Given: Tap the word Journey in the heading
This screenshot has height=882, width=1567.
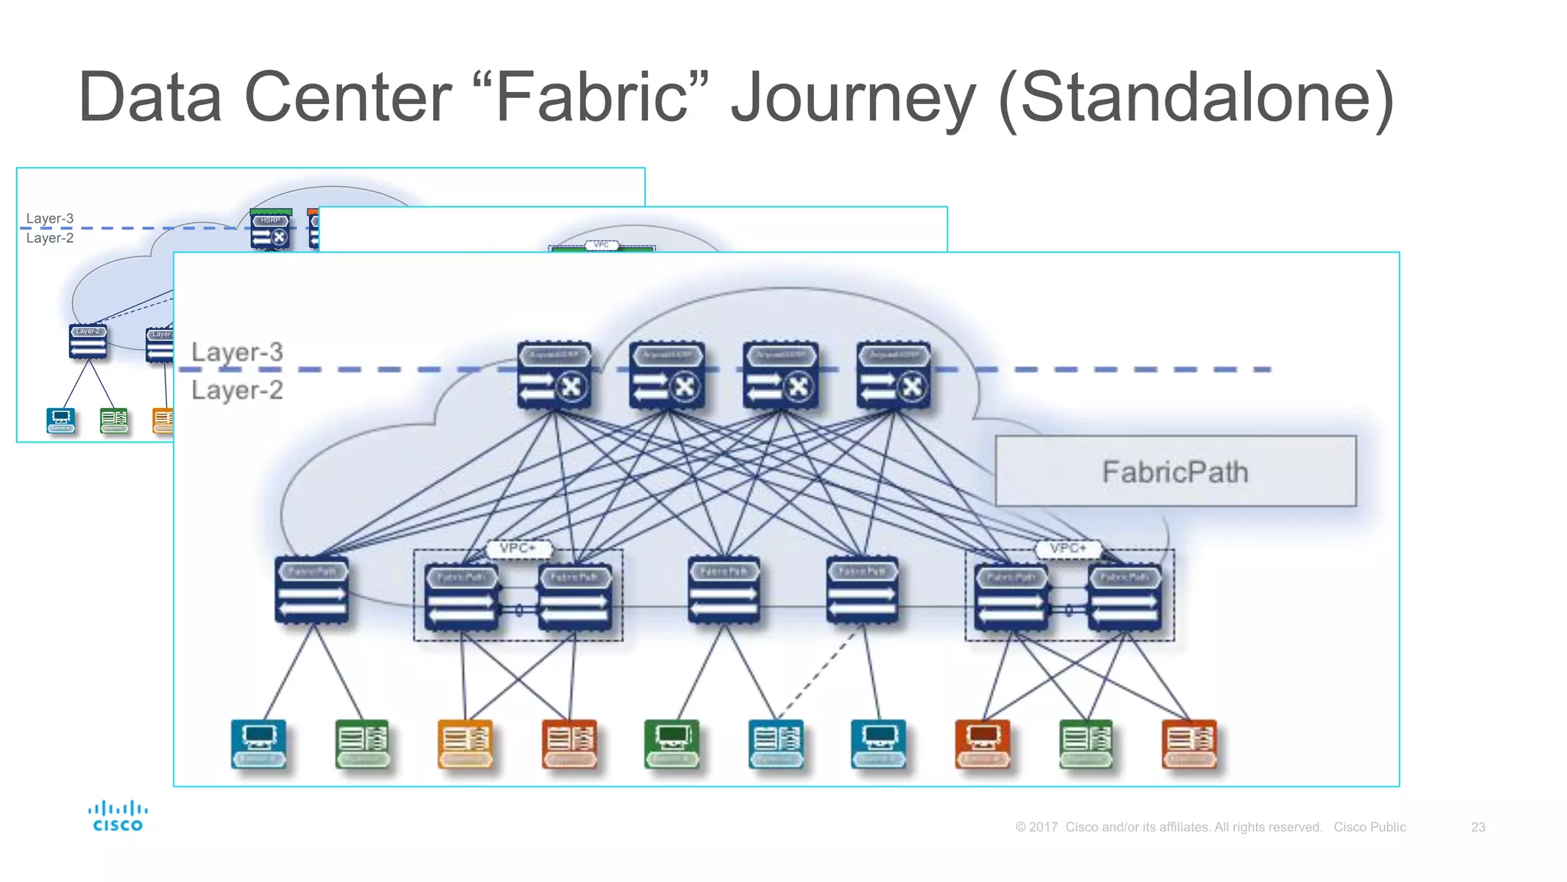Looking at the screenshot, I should pos(852,97).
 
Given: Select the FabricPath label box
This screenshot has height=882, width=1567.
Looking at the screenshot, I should pos(1175,471).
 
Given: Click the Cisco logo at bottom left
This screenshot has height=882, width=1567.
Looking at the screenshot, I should pos(117,816).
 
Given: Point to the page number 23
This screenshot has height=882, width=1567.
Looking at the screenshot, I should pos(1477,827).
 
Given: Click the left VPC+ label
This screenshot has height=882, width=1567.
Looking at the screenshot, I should pos(518,548).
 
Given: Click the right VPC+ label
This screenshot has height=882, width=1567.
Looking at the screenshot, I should pos(1068,548).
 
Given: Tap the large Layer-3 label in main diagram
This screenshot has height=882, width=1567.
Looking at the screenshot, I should pos(237,351).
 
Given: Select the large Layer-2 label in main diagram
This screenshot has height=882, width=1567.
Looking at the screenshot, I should pos(237,390).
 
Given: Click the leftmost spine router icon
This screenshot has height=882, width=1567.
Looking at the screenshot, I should pos(554,375).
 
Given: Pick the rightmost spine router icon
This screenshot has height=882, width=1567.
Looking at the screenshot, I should pos(894,375).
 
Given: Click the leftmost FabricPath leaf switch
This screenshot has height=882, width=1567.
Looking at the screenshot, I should pos(311,590).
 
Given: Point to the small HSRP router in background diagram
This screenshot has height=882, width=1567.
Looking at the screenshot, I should pos(271,230).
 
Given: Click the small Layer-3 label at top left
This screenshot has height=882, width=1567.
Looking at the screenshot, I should pos(50,218).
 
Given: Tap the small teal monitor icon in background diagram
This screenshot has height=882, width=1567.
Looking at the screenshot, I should pos(60,420).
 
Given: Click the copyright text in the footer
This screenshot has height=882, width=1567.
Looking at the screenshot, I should pos(1168,827).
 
